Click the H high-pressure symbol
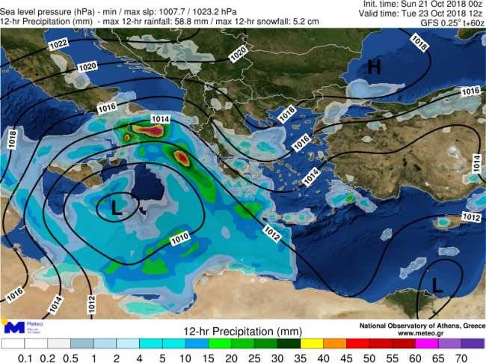[x=373, y=68]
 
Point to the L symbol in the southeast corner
[x=438, y=285]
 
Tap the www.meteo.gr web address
[x=439, y=333]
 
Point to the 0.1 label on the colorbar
[x=25, y=358]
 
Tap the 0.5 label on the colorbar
[x=71, y=358]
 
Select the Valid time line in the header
[x=425, y=13]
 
